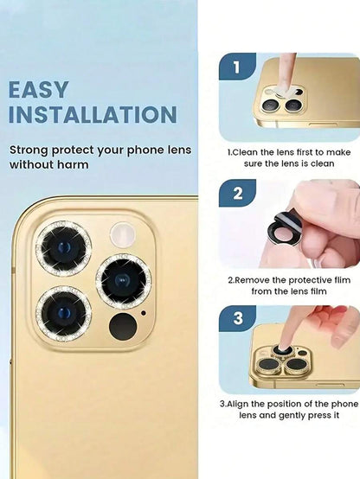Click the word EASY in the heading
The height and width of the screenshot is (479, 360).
coord(38,90)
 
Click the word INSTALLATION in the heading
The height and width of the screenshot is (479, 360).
coord(93,114)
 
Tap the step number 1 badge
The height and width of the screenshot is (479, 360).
coord(237,67)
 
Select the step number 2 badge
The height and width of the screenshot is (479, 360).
coord(237,193)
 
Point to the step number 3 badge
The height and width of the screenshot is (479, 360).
coord(238,318)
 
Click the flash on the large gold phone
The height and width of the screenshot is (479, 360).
coord(123,234)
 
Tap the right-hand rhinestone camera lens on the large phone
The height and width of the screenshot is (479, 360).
coord(124,281)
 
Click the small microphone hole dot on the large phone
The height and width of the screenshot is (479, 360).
coord(143,313)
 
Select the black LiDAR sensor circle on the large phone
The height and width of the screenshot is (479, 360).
coord(123,326)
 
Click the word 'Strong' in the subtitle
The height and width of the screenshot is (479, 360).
coord(29,150)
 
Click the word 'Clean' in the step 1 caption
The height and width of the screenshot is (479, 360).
coord(246,152)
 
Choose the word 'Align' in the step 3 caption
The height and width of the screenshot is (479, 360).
coord(238,404)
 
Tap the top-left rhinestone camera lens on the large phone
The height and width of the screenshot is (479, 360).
coord(64,249)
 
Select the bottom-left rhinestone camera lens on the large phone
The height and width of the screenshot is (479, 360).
coord(64,313)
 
